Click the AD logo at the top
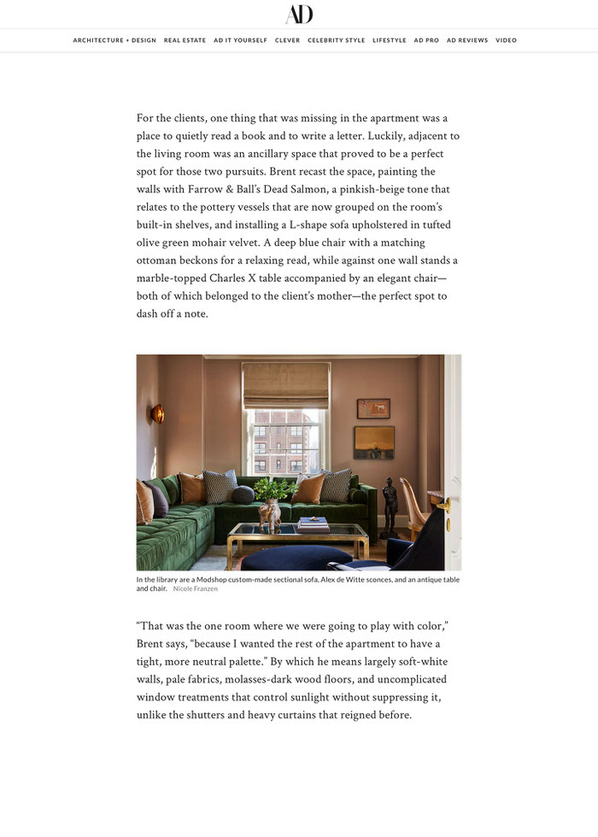(299, 15)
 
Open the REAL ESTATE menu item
(185, 40)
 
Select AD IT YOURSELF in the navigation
(240, 40)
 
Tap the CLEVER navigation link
(287, 40)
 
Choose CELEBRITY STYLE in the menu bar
(336, 40)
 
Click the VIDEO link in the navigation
(506, 40)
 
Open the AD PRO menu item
(426, 40)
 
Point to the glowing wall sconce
(157, 414)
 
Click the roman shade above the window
(285, 385)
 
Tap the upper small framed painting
(373, 408)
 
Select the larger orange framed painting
(374, 442)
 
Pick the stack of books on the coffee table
(314, 524)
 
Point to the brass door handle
(444, 506)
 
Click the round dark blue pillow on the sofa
(243, 495)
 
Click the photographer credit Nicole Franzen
(195, 589)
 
